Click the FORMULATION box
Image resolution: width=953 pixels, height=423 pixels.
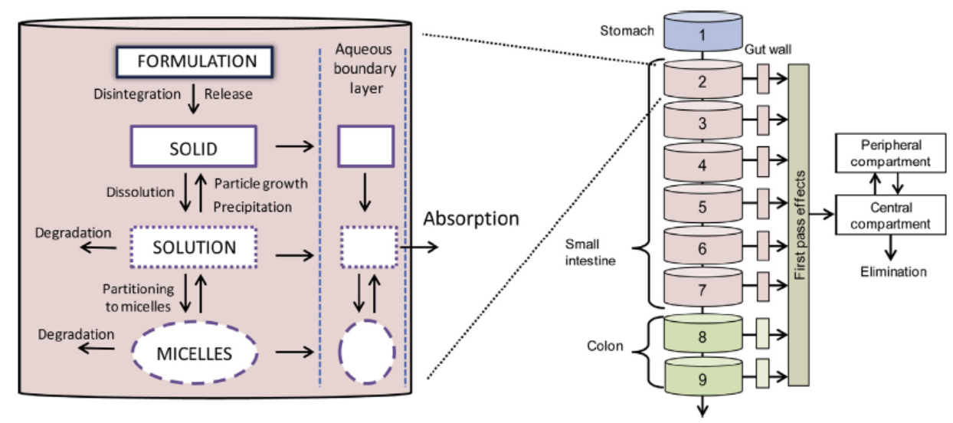tap(196, 61)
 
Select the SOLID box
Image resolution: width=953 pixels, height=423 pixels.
tap(193, 146)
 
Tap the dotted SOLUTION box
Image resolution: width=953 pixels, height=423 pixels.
tap(194, 248)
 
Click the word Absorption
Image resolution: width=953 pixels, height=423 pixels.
tap(471, 219)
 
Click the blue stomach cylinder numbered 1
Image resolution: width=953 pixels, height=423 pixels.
tap(702, 34)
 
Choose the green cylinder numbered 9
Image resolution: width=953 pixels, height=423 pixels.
tap(702, 377)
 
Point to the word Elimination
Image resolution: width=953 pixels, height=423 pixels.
tap(892, 271)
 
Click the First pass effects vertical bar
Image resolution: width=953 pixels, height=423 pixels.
tap(799, 222)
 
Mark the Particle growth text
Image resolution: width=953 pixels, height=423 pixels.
tap(260, 184)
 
